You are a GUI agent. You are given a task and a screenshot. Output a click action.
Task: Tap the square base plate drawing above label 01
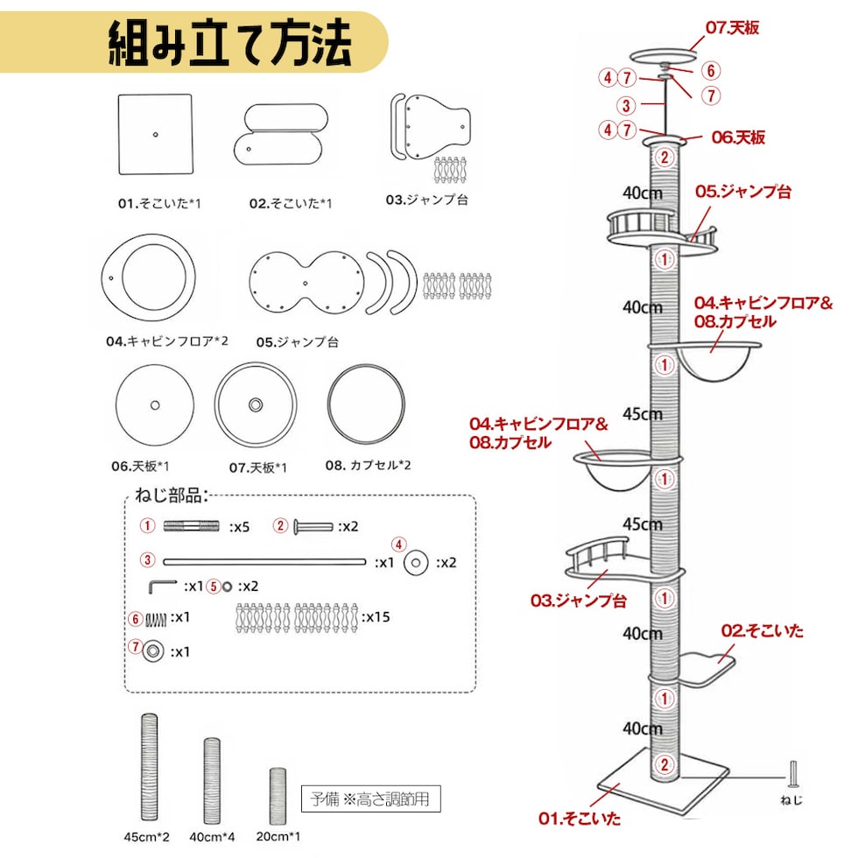[x=155, y=135]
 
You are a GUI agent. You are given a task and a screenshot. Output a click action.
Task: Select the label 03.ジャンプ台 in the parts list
[x=426, y=200]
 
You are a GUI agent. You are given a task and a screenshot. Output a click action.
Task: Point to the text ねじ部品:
[x=171, y=496]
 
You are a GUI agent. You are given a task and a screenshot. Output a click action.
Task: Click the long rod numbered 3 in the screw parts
[x=263, y=561]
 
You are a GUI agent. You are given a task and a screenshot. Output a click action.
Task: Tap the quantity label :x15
[x=376, y=617]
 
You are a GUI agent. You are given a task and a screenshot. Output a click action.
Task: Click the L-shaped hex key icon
[x=163, y=585]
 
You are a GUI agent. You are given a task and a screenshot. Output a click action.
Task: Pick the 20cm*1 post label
[x=278, y=837]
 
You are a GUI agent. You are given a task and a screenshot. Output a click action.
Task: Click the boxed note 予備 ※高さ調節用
[x=370, y=799]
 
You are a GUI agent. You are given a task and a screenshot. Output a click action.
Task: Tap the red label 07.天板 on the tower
[x=732, y=28]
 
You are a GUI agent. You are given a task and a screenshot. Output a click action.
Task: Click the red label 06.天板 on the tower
[x=737, y=137]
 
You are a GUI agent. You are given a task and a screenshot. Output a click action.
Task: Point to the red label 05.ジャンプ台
[x=742, y=192]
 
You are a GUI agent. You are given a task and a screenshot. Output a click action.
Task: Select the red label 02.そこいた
[x=762, y=630]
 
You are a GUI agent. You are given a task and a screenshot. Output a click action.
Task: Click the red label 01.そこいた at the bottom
[x=580, y=819]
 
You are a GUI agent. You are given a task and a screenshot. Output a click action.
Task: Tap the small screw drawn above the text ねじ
[x=792, y=775]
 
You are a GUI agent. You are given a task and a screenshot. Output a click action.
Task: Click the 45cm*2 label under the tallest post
[x=147, y=837]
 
